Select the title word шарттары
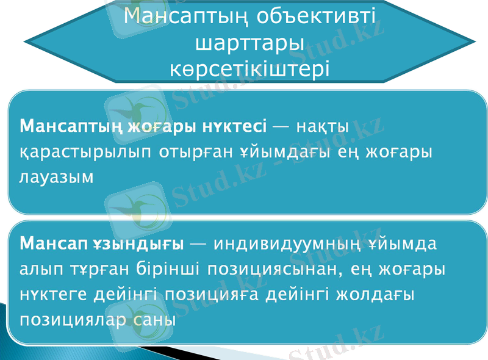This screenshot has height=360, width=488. (x=250, y=43)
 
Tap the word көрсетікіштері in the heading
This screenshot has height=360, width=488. (x=250, y=67)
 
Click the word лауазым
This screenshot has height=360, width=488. (x=57, y=178)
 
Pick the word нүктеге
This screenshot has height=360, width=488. (x=54, y=294)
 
